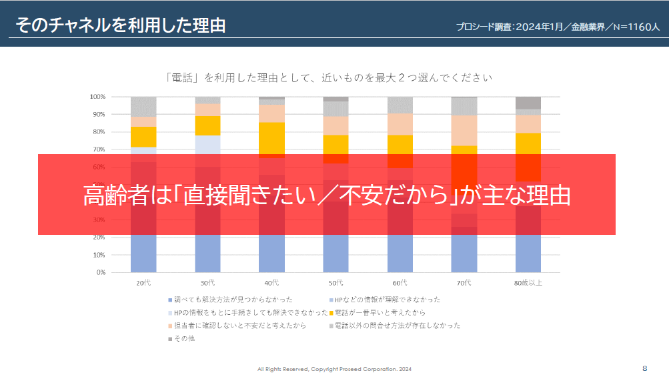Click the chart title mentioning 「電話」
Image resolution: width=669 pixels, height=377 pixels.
329,78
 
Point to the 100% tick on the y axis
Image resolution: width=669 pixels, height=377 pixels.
97,97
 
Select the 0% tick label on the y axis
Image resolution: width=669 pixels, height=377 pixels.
100,272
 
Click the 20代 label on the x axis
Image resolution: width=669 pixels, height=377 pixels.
143,283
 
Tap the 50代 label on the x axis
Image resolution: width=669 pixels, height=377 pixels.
336,283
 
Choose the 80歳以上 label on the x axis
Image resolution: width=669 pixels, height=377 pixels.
528,283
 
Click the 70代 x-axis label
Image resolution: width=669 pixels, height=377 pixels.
464,283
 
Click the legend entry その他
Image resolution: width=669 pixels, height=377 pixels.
183,338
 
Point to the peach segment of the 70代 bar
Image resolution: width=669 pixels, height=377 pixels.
464,130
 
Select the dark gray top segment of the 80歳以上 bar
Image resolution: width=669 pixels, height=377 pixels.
528,103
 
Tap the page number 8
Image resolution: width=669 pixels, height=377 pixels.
644,368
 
